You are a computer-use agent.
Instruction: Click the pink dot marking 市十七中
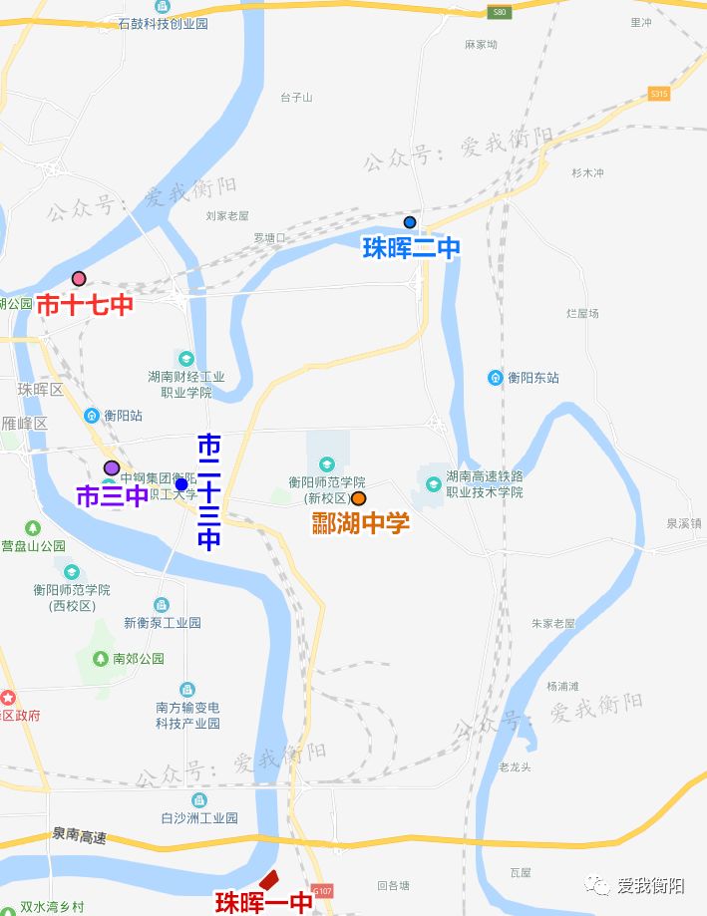point(79,279)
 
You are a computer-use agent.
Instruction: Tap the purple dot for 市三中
point(112,468)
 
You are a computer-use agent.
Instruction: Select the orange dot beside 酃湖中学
point(358,498)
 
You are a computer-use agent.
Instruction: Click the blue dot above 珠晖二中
point(410,222)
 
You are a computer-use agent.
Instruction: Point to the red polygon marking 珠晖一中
point(267,880)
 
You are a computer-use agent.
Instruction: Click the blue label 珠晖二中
point(411,248)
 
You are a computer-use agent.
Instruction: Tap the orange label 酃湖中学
point(360,522)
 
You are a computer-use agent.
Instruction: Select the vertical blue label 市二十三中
point(208,491)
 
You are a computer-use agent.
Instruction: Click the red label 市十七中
point(85,305)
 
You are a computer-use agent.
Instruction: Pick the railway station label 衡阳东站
point(532,378)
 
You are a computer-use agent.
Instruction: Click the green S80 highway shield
point(500,12)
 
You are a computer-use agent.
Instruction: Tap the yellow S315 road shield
point(658,93)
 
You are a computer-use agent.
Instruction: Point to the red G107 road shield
point(321,889)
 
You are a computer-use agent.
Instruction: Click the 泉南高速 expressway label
point(80,833)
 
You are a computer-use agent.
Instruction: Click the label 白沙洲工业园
point(199,817)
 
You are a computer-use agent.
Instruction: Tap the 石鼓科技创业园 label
point(163,22)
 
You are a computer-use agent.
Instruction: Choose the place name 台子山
point(296,98)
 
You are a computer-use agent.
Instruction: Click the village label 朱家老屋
point(552,623)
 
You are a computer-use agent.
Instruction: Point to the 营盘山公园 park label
point(33,546)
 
